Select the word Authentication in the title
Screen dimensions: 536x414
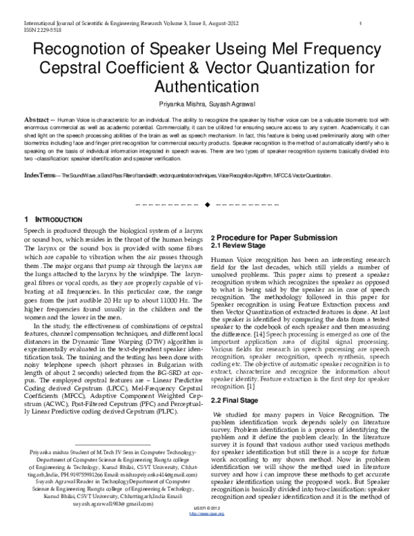(206, 88)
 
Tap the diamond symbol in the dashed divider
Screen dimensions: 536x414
(207, 207)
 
